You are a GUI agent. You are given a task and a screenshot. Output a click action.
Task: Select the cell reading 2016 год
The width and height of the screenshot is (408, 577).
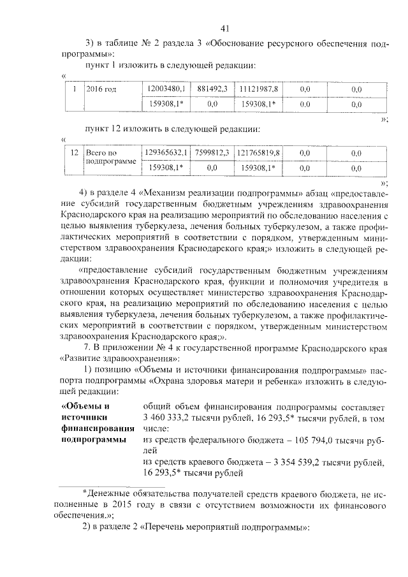coord(101,89)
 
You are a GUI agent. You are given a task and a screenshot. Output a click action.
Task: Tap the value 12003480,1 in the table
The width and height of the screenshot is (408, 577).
coord(165,89)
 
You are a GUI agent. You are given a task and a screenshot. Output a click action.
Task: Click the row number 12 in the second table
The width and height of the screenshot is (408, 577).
coord(74,153)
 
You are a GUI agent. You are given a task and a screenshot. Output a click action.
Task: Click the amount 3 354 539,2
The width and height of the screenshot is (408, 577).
coord(285,462)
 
